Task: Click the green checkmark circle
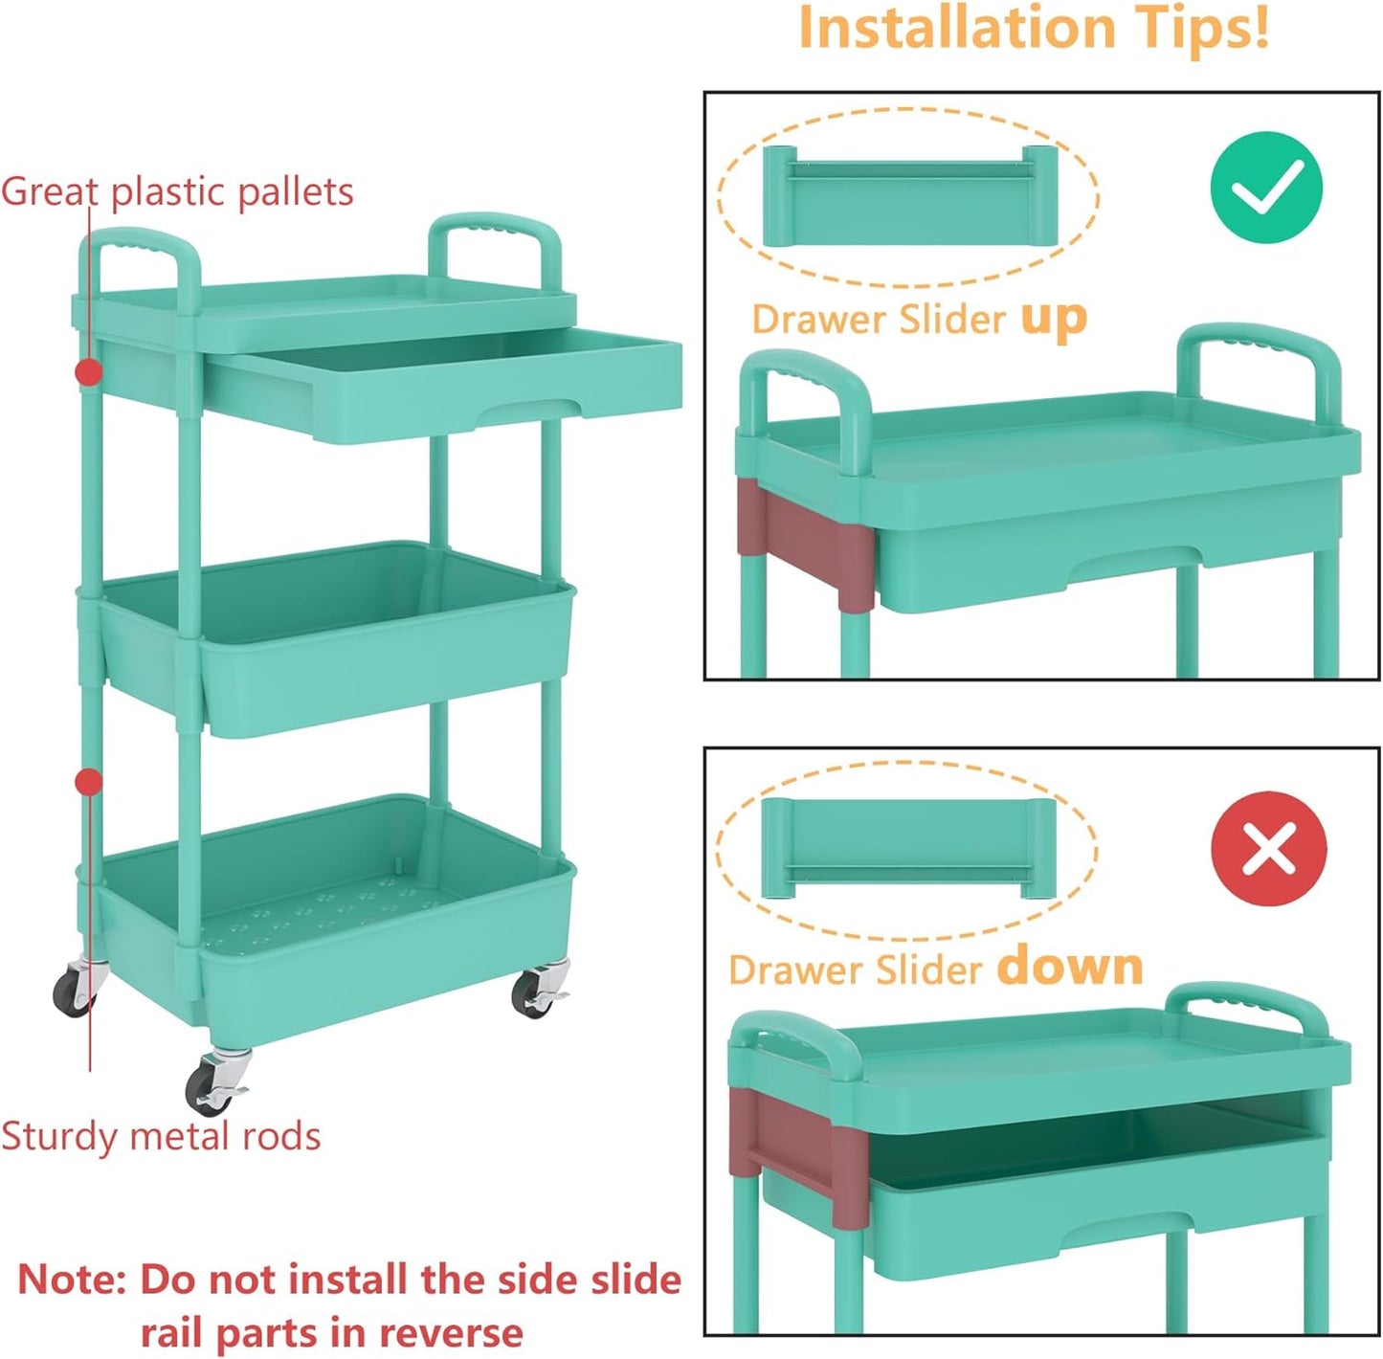pos(1265,187)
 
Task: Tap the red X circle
pos(1268,848)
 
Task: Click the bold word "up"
pos(1054,319)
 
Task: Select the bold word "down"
pos(1069,967)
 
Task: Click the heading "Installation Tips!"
pos(1034,29)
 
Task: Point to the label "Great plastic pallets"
pos(177,191)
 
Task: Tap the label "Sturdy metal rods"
pos(161,1136)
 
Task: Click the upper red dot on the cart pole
pos(89,371)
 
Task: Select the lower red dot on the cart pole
pos(89,782)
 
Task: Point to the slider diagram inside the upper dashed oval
pos(909,196)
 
